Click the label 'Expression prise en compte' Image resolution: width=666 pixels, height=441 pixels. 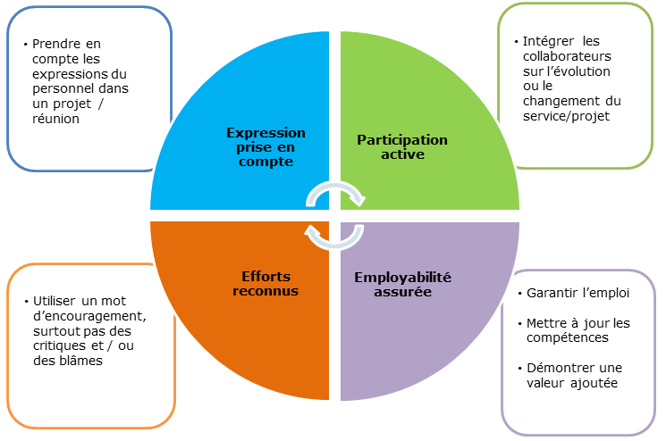coord(266,147)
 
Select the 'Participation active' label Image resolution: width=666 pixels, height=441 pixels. coord(402,146)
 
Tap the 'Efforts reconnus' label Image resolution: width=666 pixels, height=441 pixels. coord(266,283)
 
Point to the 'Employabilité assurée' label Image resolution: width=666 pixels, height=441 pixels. coord(402,284)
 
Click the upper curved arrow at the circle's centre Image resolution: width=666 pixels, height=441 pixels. coord(335,186)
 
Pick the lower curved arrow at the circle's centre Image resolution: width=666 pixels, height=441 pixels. coord(334,245)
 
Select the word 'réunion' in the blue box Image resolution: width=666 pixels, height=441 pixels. coord(55,119)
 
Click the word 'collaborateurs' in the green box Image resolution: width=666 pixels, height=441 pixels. coord(567,56)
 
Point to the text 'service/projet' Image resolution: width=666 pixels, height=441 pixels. coord(566,116)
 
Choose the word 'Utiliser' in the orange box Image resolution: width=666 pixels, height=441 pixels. coord(55,301)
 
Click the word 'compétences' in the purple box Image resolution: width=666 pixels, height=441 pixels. coord(568,338)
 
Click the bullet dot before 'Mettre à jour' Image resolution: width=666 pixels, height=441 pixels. coord(520,324)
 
